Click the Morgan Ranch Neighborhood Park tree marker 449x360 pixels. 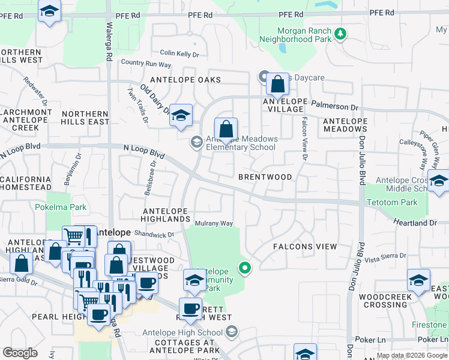point(341,33)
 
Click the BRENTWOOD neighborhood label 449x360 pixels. point(265,177)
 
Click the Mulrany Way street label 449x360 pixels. point(214,224)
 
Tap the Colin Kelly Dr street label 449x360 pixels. point(179,54)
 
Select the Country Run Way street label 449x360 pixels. point(146,63)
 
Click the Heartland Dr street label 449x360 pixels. point(415,223)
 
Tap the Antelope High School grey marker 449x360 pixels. point(231,332)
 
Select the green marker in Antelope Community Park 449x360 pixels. point(244,268)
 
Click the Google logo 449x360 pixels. point(20,353)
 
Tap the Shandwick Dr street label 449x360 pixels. point(154,235)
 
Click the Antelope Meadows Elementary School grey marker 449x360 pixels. point(196,142)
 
